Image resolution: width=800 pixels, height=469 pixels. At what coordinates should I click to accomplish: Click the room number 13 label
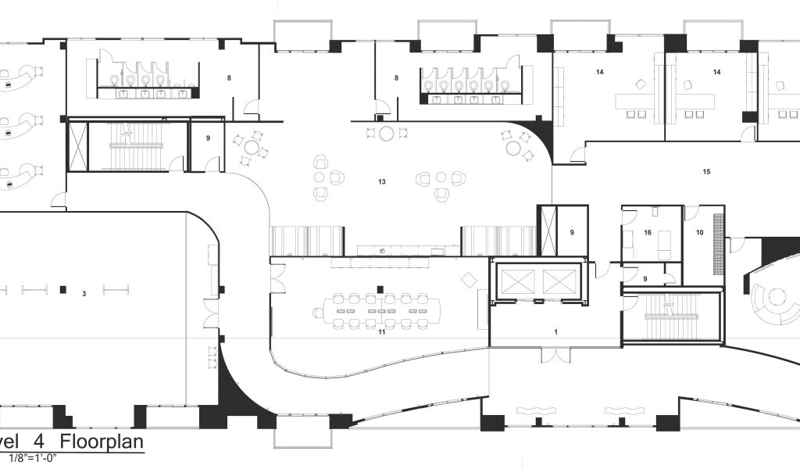pyautogui.click(x=382, y=182)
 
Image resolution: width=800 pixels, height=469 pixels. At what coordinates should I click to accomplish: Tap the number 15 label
pyautogui.click(x=706, y=171)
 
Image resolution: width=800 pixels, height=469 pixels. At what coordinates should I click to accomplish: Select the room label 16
pyautogui.click(x=648, y=233)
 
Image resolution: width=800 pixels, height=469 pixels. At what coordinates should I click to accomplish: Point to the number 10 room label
pyautogui.click(x=699, y=232)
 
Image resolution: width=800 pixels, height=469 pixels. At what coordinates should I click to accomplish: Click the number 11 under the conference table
pyautogui.click(x=382, y=332)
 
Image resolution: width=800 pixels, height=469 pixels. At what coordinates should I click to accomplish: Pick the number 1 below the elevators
pyautogui.click(x=555, y=332)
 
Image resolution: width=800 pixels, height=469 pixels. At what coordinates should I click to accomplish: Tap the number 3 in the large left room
pyautogui.click(x=84, y=295)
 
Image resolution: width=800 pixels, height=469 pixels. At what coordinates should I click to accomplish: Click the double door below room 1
pyautogui.click(x=555, y=356)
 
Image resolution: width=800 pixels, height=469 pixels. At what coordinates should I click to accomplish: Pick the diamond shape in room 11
pyautogui.click(x=468, y=279)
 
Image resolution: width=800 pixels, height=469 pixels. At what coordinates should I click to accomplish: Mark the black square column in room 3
pyautogui.click(x=65, y=289)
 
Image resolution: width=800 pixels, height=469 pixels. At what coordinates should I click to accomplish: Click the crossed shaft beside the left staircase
pyautogui.click(x=77, y=145)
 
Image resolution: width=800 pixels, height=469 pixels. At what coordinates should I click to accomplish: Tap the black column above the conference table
pyautogui.click(x=380, y=288)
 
